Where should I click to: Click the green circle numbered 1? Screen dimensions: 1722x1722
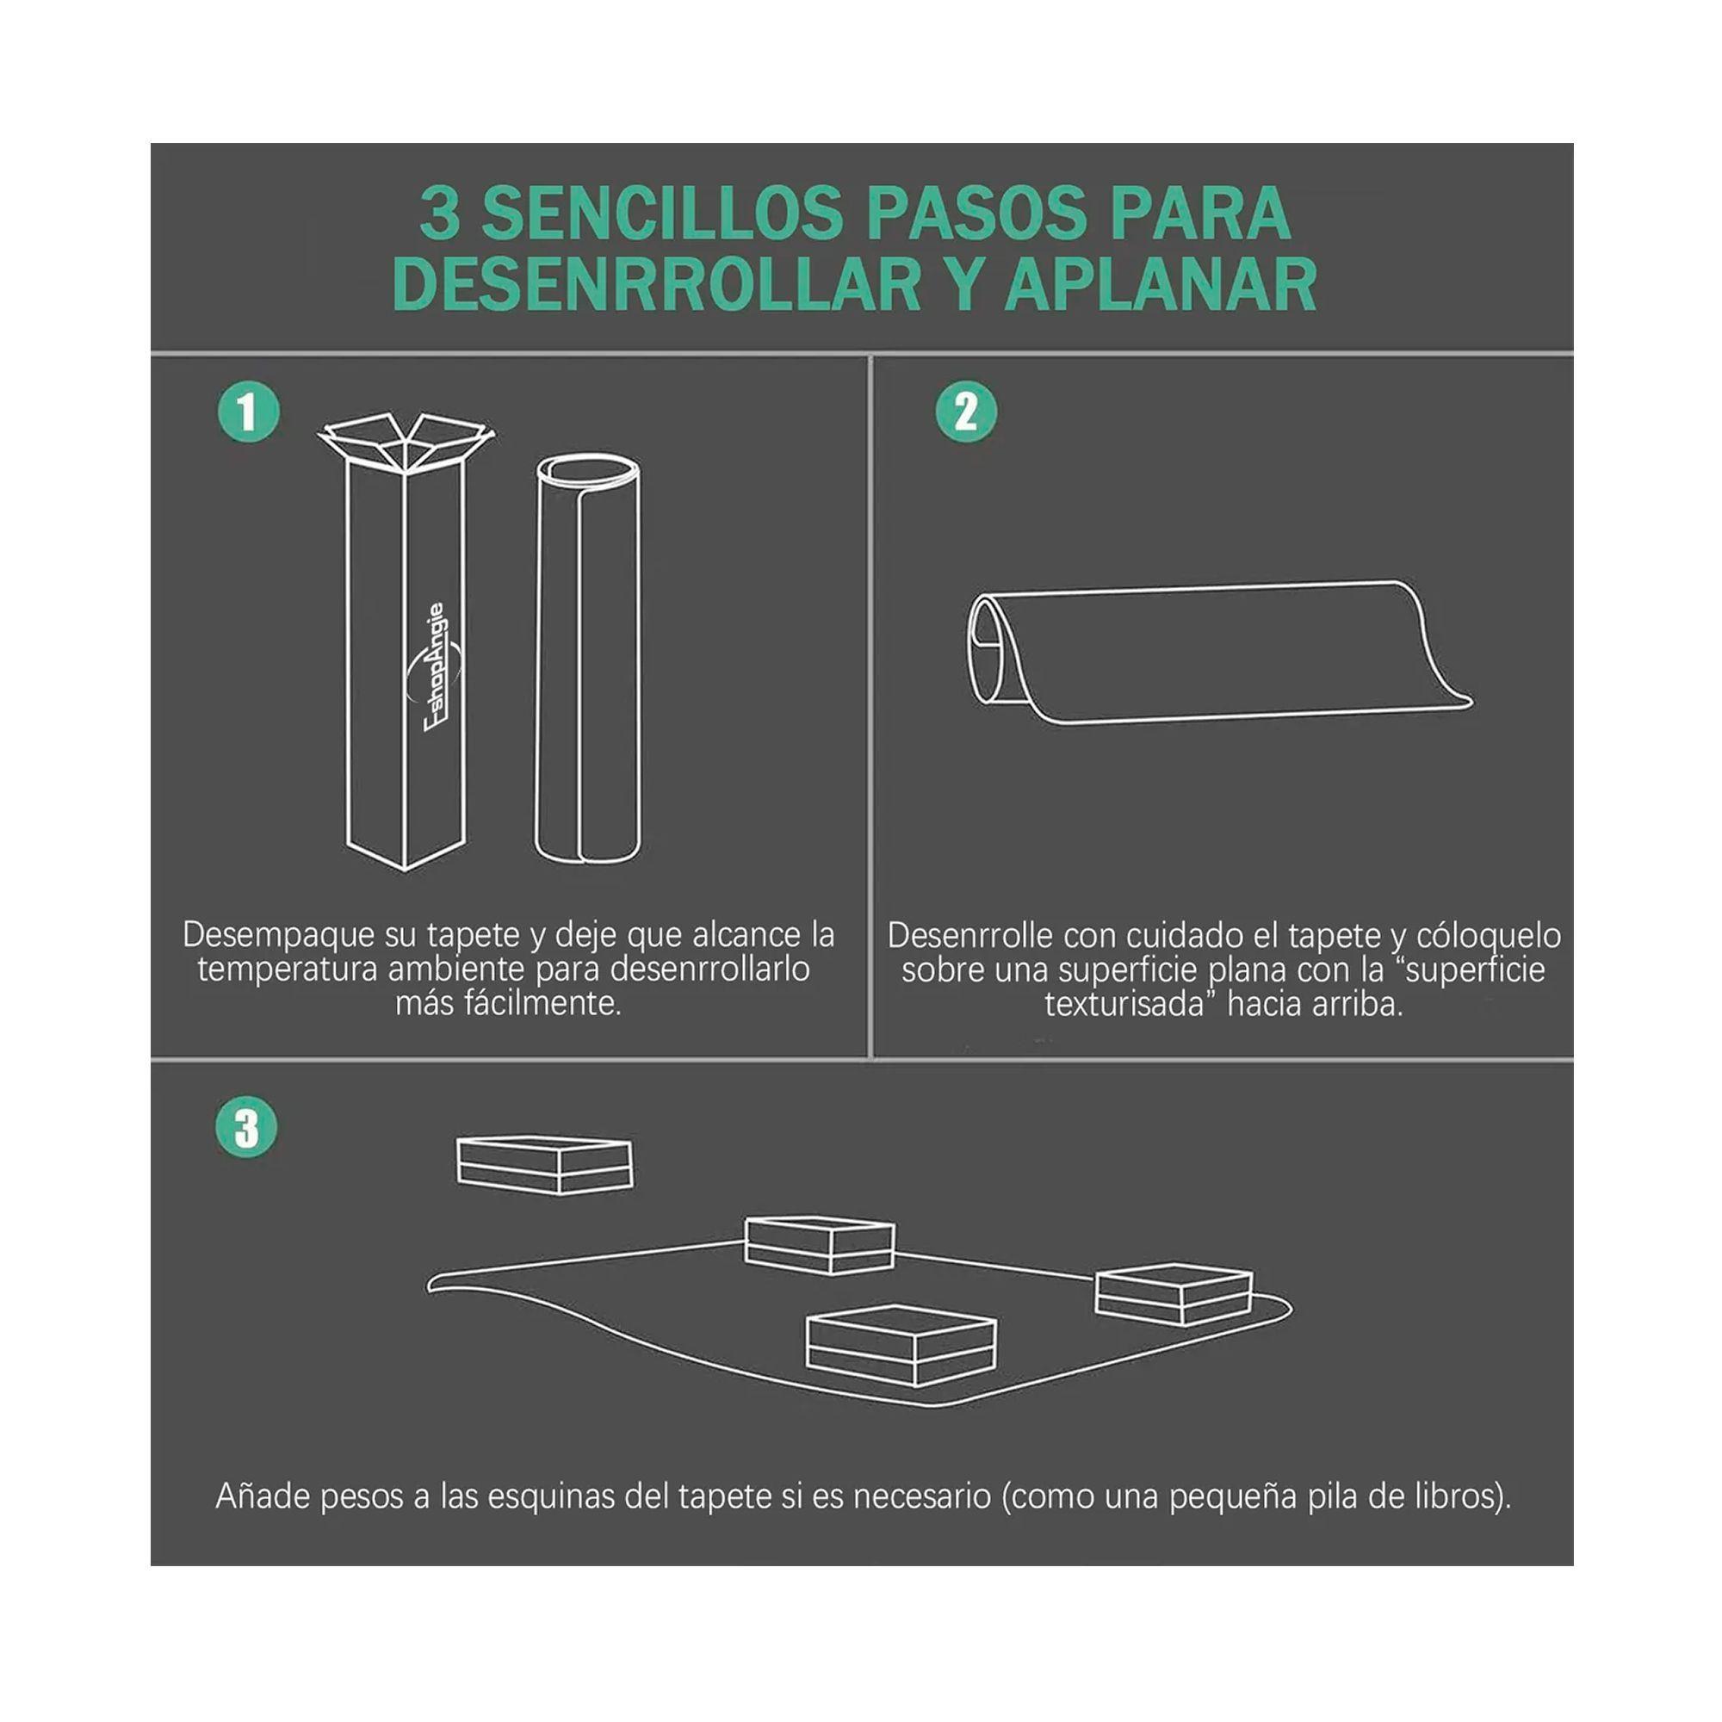[x=249, y=412]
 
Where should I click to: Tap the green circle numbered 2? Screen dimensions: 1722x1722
[x=965, y=412]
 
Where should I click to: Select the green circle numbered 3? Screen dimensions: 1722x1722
[x=246, y=1128]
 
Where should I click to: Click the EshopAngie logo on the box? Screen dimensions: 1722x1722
[x=436, y=666]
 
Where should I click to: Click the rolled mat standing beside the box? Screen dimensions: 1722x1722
[x=587, y=660]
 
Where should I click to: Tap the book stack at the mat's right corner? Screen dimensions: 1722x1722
[x=1174, y=1293]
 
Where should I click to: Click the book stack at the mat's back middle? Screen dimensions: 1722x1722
[x=819, y=1244]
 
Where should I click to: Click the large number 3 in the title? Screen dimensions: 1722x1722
[x=439, y=214]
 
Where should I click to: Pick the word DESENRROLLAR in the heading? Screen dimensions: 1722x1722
[x=657, y=284]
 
